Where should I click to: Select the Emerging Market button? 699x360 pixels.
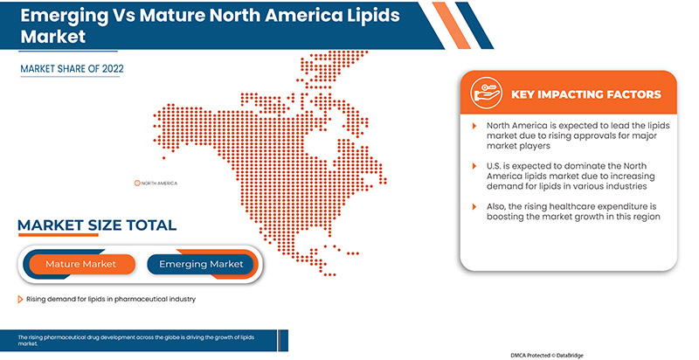201,264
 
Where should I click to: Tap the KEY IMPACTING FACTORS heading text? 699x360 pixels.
585,94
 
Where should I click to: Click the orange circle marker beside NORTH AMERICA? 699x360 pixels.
137,183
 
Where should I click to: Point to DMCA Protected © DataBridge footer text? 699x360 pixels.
561,354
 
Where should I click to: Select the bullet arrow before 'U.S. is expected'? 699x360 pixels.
474,166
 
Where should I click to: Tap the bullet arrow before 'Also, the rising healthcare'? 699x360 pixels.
474,205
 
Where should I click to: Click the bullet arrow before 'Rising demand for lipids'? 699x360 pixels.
20,300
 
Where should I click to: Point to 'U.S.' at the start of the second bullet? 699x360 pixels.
495,166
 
